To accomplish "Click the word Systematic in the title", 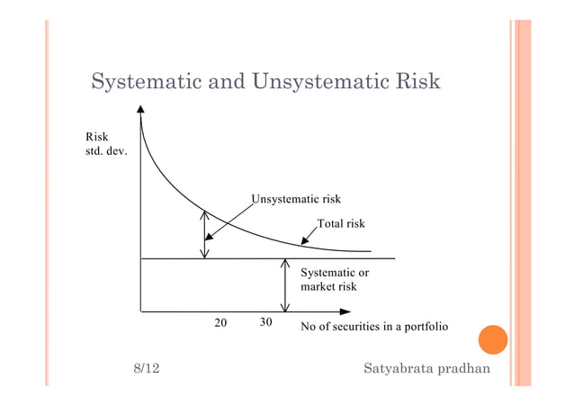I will (146, 83).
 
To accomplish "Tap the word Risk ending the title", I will (416, 83).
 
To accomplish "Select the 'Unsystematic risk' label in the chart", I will (296, 198).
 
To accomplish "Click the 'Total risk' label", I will (341, 223).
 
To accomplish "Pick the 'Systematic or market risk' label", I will (334, 279).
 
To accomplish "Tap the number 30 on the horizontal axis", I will (265, 322).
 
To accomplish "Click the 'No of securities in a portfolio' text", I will (373, 326).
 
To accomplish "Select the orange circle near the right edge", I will (492, 340).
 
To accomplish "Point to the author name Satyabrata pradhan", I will (427, 370).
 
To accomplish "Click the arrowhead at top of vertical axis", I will (141, 111).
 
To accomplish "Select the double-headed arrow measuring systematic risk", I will (285, 285).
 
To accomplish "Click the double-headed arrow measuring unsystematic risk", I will (205, 234).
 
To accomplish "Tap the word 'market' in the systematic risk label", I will (318, 287).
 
